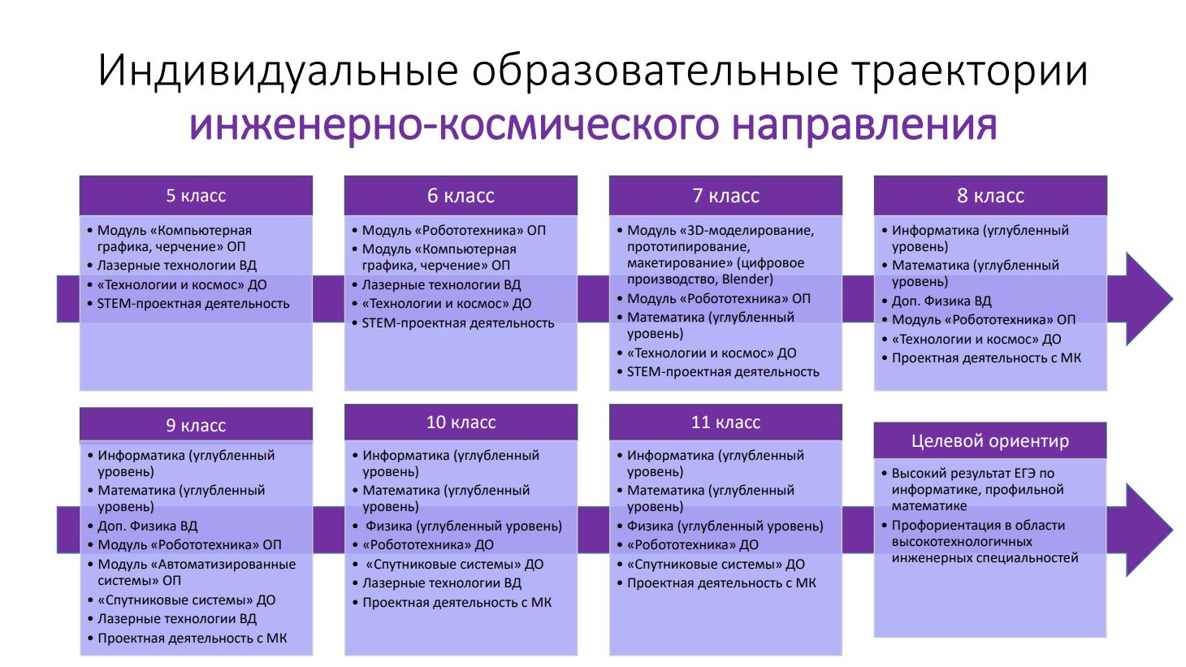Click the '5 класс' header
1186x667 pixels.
click(x=196, y=195)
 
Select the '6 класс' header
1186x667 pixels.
click(x=461, y=195)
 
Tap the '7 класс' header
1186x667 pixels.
click(x=725, y=195)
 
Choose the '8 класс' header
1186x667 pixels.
click(x=990, y=195)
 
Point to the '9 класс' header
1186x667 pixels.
click(x=196, y=425)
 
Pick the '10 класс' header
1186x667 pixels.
click(x=461, y=422)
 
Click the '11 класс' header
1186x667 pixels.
click(x=725, y=422)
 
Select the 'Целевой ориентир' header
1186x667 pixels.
click(x=990, y=440)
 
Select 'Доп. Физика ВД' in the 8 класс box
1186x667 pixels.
click(x=941, y=301)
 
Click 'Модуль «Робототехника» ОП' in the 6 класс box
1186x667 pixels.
click(x=454, y=230)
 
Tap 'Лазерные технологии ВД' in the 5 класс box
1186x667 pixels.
click(x=177, y=265)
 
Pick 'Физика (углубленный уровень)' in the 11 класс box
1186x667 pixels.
click(x=725, y=526)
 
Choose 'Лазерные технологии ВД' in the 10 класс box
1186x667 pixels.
click(x=442, y=583)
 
